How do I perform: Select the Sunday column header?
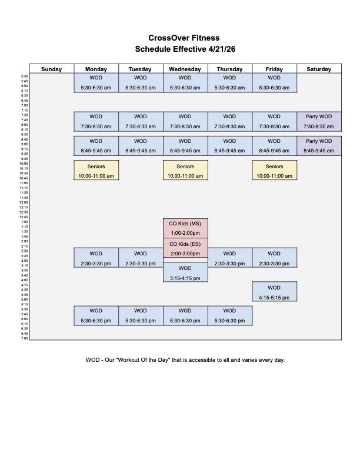coord(52,69)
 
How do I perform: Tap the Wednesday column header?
coord(185,69)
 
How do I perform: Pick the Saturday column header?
coord(319,69)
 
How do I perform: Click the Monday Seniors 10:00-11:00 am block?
coord(96,171)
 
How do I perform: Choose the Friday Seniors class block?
coord(274,171)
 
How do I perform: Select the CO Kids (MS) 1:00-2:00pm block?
coord(185,228)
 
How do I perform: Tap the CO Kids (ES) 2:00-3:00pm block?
coord(185,248)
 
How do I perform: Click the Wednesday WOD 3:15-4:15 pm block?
coord(185,272)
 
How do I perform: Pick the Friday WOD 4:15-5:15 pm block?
coord(274,292)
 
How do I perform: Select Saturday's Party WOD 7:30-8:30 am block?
coord(319,121)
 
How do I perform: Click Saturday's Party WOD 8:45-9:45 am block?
coord(319,146)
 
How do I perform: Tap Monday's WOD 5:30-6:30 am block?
coord(96,82)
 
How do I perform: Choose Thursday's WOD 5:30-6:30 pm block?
coord(229,315)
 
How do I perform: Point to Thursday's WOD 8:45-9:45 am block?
coord(229,146)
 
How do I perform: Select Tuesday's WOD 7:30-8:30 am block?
coord(140,121)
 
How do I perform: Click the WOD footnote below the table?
coord(185,360)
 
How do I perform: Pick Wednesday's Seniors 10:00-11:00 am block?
coord(185,171)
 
